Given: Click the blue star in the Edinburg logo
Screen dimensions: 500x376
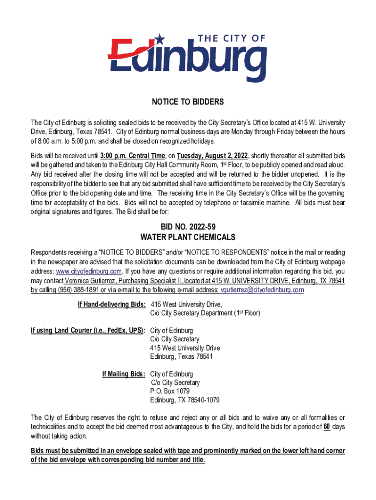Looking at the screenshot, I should point(173,39).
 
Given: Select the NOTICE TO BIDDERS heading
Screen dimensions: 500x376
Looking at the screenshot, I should point(188,102).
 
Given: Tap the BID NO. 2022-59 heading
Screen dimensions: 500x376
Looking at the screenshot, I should point(188,227).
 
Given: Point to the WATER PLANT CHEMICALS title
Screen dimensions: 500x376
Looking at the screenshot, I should point(188,238).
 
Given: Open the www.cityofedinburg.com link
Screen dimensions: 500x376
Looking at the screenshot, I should point(88,271).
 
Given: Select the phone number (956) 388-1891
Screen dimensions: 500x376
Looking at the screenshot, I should point(78,290).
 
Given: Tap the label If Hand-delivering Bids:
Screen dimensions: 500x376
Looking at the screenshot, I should point(112,304).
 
